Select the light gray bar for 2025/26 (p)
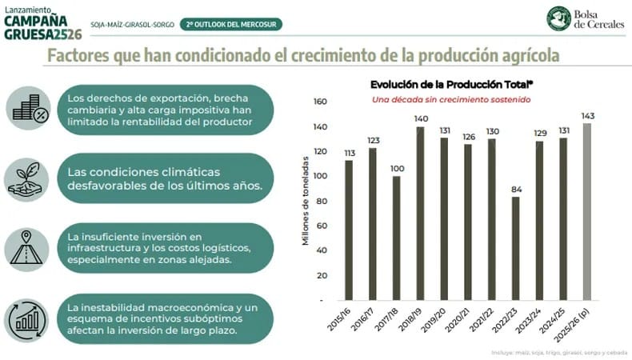click(x=588, y=211)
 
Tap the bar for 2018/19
click(x=422, y=213)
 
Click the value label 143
click(x=588, y=116)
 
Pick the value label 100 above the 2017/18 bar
click(x=397, y=169)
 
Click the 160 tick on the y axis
click(x=321, y=102)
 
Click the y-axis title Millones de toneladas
click(x=306, y=200)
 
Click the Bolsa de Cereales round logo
click(x=558, y=18)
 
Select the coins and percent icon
click(x=28, y=109)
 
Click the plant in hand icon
click(x=28, y=179)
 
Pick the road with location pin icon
click(x=28, y=248)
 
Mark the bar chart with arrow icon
click(x=28, y=319)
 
